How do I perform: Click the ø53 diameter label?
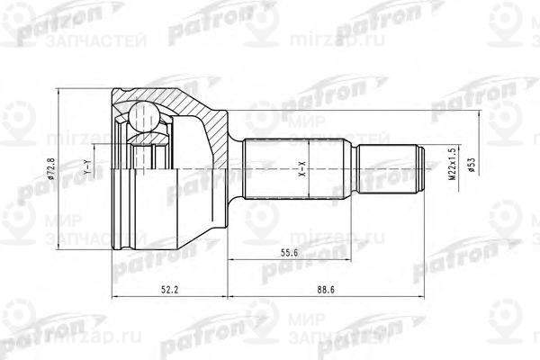[x=471, y=161]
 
